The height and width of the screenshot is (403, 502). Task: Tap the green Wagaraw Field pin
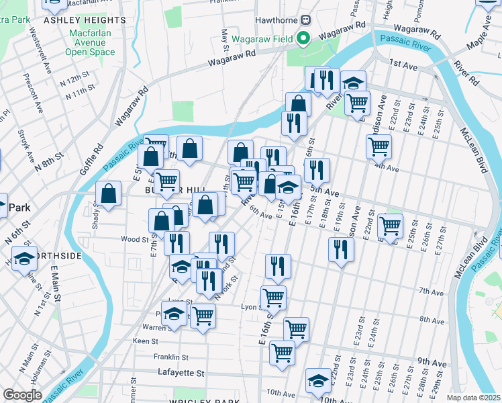tap(303, 39)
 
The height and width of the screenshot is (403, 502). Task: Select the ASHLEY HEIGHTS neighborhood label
tap(75, 21)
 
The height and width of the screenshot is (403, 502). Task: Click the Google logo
tap(22, 395)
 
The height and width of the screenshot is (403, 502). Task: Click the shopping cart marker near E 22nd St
tap(390, 225)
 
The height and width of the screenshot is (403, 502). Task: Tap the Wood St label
tap(134, 238)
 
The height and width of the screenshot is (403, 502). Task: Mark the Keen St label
tap(145, 341)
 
